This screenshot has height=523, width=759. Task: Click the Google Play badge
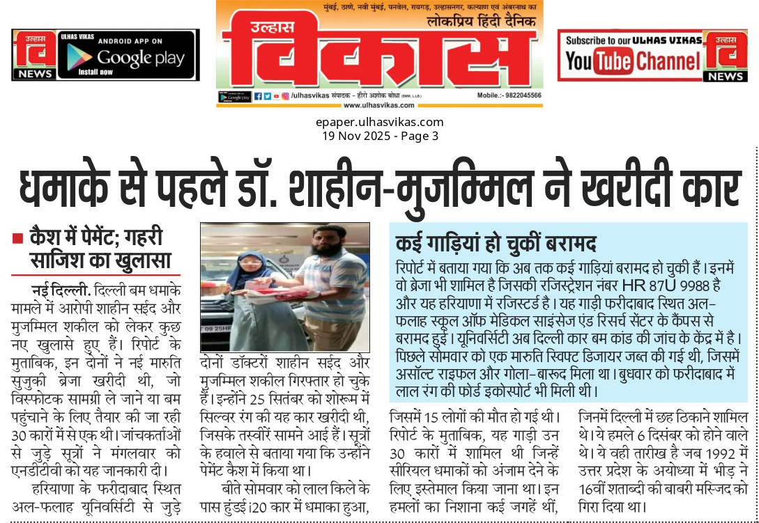(128, 55)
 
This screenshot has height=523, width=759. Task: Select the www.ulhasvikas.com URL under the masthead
(379, 106)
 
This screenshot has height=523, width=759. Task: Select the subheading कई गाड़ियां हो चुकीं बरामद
(494, 244)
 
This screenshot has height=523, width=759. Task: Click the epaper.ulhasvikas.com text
(379, 123)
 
